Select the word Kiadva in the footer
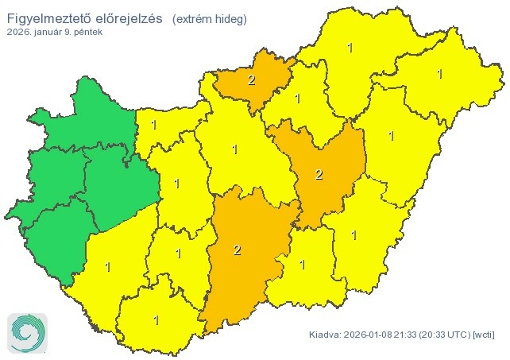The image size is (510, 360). pyautogui.click(x=326, y=335)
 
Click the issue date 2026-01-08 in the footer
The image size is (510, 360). pyautogui.click(x=373, y=335)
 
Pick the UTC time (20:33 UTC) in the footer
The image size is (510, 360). pyautogui.click(x=441, y=335)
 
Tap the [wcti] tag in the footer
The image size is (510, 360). pyautogui.click(x=484, y=335)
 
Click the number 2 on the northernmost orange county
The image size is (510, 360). pyautogui.click(x=251, y=80)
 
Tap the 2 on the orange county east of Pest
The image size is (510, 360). pyautogui.click(x=319, y=175)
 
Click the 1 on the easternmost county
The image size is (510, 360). pyautogui.click(x=439, y=74)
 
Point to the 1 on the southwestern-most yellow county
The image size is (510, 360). pyautogui.click(x=106, y=265)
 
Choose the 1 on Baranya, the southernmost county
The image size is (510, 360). pyautogui.click(x=156, y=320)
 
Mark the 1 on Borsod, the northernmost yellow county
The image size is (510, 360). pyautogui.click(x=350, y=48)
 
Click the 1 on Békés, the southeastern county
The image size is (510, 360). pyautogui.click(x=354, y=235)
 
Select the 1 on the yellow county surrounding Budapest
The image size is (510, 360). pyautogui.click(x=234, y=149)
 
